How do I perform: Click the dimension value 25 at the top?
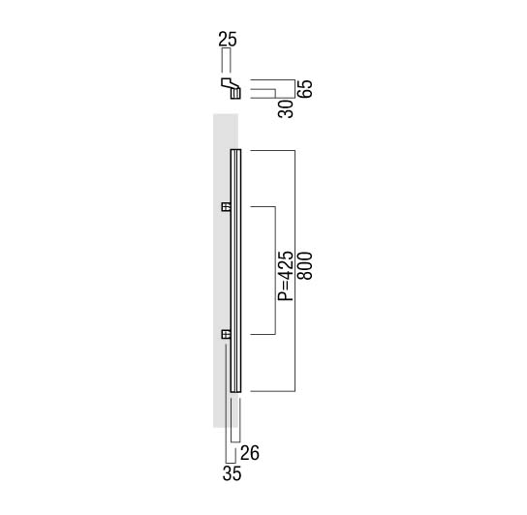click(x=228, y=39)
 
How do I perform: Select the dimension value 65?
click(x=306, y=89)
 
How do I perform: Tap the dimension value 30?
click(x=286, y=108)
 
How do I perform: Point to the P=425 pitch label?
click(x=286, y=276)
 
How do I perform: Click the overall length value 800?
click(x=305, y=266)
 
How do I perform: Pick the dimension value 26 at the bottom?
click(x=250, y=453)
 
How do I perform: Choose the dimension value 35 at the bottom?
click(x=232, y=474)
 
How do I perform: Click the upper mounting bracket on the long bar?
click(x=226, y=206)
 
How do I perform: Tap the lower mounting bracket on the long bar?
click(x=226, y=334)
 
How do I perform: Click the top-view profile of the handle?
click(x=232, y=88)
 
